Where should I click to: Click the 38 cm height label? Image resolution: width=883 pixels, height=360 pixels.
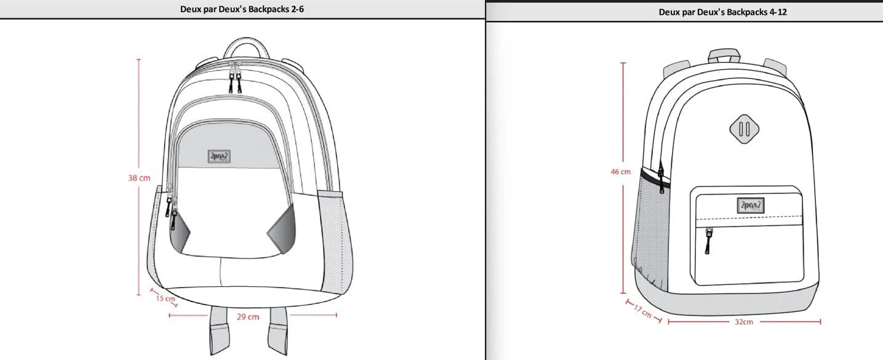[x=139, y=178]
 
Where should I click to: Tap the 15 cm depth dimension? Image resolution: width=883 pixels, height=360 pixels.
[x=165, y=298]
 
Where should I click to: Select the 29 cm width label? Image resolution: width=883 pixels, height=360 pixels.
[x=248, y=316]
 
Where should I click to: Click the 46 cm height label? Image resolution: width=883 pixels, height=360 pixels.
[x=620, y=172]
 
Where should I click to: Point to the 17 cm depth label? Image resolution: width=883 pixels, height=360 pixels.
[x=642, y=312]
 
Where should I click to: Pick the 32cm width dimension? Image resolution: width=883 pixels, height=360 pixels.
[x=743, y=322]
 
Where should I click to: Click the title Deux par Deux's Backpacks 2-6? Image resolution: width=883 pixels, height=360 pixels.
[x=242, y=9]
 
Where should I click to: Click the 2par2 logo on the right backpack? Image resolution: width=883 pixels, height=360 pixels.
[x=750, y=206]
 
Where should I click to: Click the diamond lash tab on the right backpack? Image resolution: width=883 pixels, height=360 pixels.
[x=744, y=129]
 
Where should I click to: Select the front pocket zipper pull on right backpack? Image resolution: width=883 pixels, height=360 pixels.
[x=708, y=241]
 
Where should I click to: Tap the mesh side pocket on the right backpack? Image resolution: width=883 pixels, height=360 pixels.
[x=652, y=228]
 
